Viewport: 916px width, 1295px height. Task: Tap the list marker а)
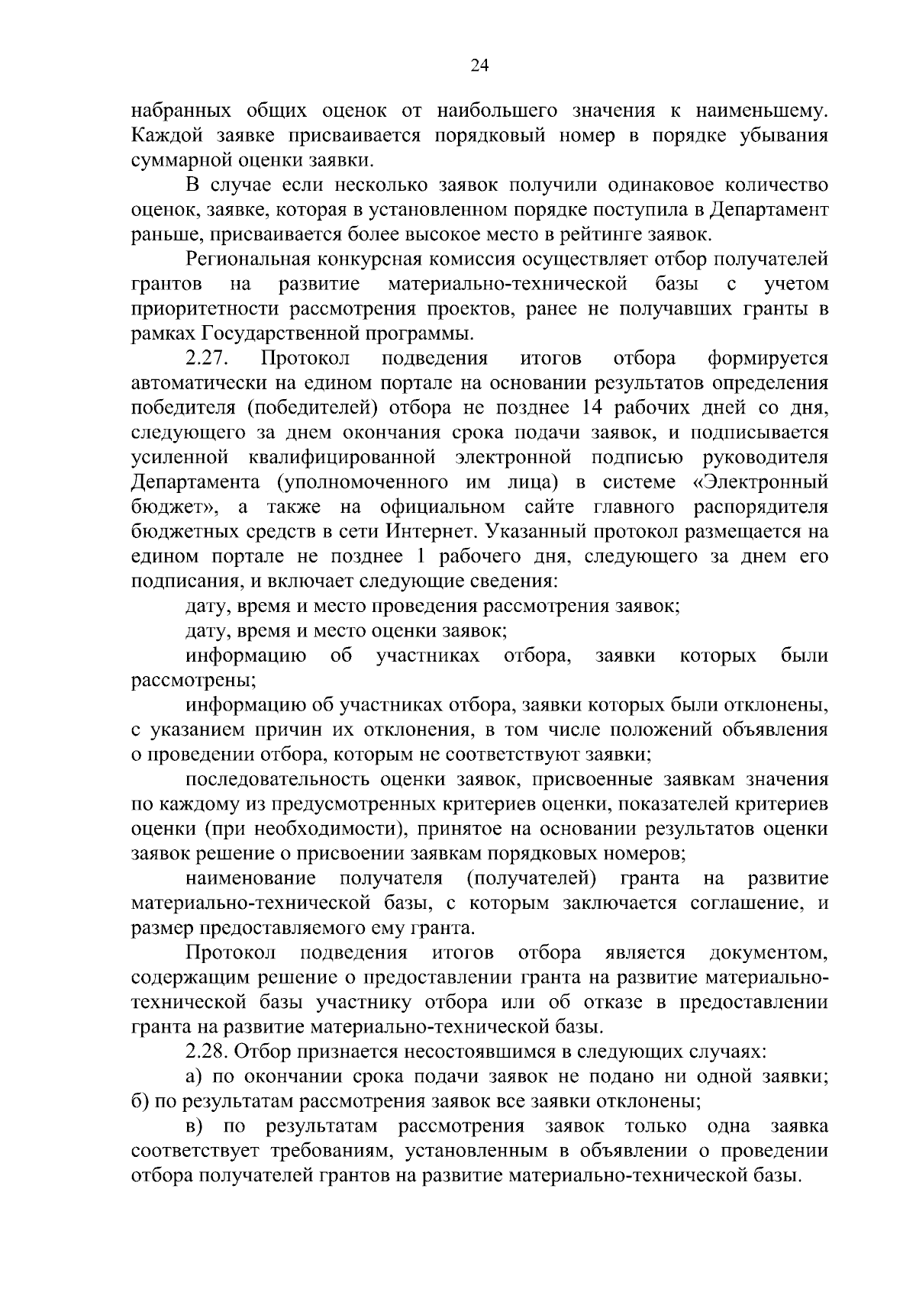(194, 1077)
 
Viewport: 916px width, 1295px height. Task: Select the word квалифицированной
(342, 457)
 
